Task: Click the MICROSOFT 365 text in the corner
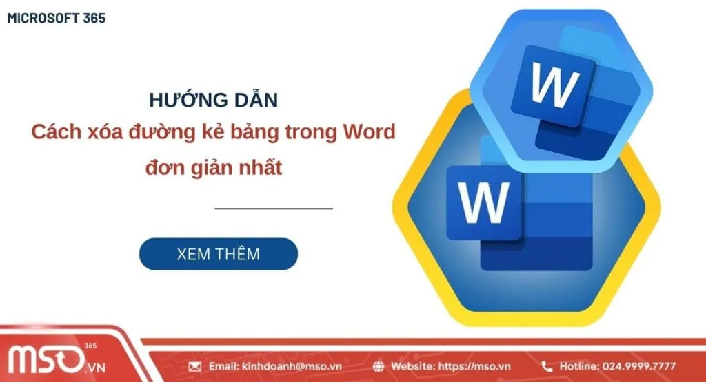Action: (57, 19)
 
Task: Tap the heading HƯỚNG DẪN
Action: (214, 100)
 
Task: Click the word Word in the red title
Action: (368, 132)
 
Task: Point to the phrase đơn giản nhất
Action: (214, 167)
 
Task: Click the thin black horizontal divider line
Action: (274, 207)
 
